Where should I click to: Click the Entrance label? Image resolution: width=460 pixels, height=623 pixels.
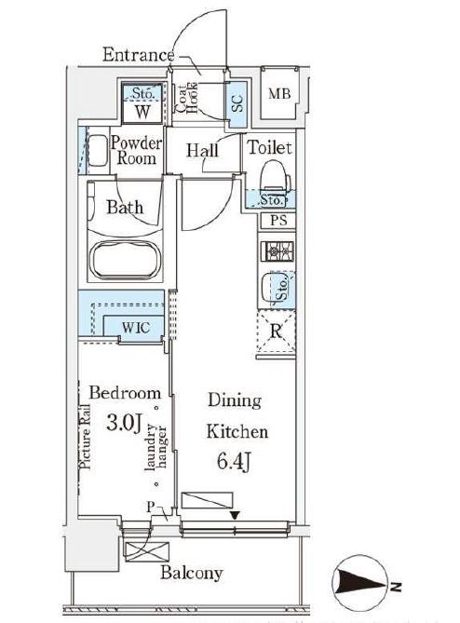pyautogui.click(x=138, y=54)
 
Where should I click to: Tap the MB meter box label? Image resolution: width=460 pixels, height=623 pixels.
pyautogui.click(x=279, y=94)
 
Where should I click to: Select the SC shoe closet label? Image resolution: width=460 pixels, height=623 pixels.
pyautogui.click(x=237, y=102)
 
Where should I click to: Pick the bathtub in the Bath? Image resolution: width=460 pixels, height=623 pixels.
pyautogui.click(x=126, y=260)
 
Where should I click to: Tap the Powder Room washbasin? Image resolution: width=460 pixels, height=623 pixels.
pyautogui.click(x=98, y=151)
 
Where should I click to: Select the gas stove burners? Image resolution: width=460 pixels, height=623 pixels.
pyautogui.click(x=277, y=251)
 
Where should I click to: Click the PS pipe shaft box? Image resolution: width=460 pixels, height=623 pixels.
pyautogui.click(x=278, y=221)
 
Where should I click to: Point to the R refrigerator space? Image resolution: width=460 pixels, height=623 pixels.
pyautogui.click(x=277, y=331)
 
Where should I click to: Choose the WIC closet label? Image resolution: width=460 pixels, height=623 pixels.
pyautogui.click(x=136, y=328)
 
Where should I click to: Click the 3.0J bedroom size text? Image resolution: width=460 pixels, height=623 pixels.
pyautogui.click(x=124, y=423)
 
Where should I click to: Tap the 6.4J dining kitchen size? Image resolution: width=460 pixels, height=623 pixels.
pyautogui.click(x=235, y=462)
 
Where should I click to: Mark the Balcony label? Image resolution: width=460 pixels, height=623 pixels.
pyautogui.click(x=192, y=573)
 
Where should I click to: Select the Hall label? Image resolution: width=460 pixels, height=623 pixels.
pyautogui.click(x=203, y=151)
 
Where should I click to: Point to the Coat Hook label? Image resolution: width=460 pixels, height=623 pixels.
pyautogui.click(x=187, y=99)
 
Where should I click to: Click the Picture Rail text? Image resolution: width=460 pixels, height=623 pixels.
pyautogui.click(x=85, y=437)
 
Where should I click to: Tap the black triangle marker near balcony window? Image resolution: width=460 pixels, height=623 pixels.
pyautogui.click(x=236, y=515)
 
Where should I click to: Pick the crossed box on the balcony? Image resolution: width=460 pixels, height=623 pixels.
pyautogui.click(x=147, y=552)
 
